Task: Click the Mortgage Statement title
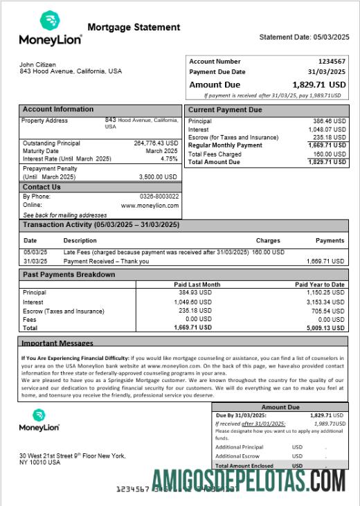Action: (x=134, y=28)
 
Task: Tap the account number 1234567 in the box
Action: (x=332, y=62)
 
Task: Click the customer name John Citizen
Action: (x=38, y=64)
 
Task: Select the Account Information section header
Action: (x=58, y=109)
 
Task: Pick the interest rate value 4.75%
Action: (x=169, y=159)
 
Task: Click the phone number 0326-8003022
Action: (x=159, y=197)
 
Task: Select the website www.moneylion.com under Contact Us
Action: (x=150, y=206)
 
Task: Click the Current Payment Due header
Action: (x=225, y=110)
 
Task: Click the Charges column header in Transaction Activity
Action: (x=267, y=241)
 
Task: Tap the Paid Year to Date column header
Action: (x=319, y=284)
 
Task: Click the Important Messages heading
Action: (x=57, y=343)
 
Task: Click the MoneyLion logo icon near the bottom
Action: (x=39, y=415)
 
